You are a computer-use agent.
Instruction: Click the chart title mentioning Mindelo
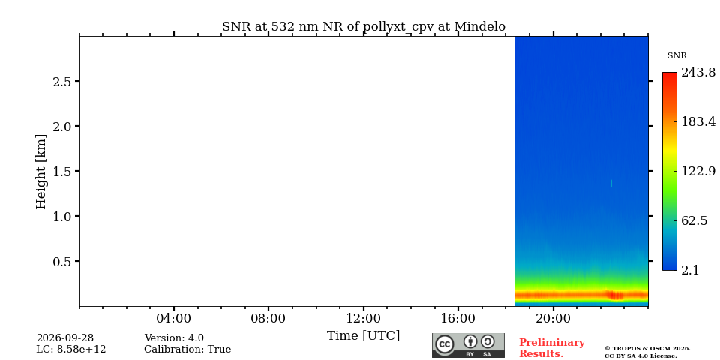[x=364, y=27]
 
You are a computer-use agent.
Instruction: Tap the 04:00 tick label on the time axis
[x=174, y=318]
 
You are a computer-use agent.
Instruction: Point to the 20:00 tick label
[x=553, y=318]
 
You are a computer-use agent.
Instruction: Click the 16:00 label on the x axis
[x=458, y=318]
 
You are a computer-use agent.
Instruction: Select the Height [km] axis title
[x=41, y=172]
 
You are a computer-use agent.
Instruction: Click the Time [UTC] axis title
[x=363, y=336]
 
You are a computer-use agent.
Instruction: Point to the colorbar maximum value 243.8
[x=698, y=73]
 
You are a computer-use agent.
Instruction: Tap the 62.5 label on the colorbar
[x=694, y=220]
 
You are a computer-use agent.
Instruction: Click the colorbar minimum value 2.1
[x=690, y=270]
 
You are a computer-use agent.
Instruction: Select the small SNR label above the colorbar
[x=676, y=56]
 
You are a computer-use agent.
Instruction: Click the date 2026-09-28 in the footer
[x=65, y=338]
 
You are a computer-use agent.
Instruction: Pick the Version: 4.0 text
[x=174, y=338]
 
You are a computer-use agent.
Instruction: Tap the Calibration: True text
[x=187, y=349]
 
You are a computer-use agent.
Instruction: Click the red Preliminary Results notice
[x=551, y=348]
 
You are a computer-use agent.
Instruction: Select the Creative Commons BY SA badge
[x=468, y=345]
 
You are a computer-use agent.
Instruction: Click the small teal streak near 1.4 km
[x=611, y=183]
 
